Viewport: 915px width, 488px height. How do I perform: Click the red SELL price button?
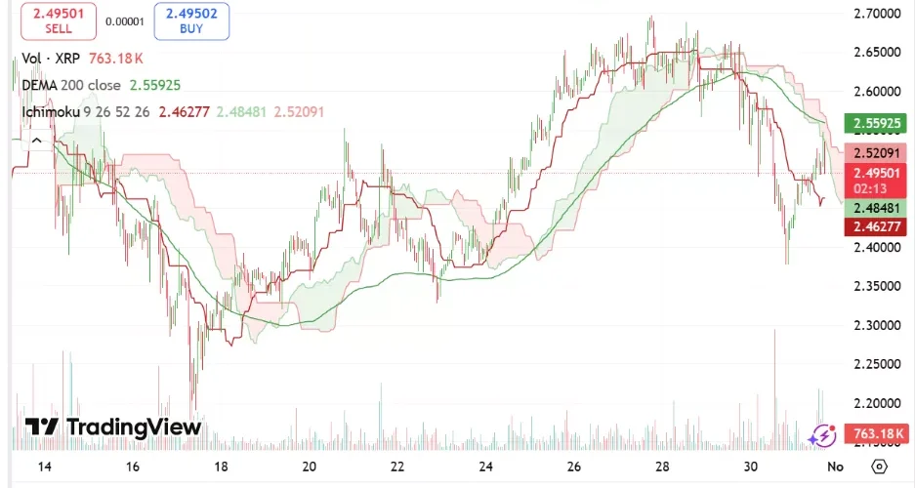click(x=59, y=21)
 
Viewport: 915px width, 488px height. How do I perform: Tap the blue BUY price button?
click(x=190, y=21)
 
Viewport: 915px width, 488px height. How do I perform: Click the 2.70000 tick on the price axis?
click(x=876, y=14)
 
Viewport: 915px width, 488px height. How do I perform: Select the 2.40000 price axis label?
click(x=876, y=247)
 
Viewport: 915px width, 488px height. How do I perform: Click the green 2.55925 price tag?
click(x=876, y=123)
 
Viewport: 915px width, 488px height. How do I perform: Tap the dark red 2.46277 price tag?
click(x=876, y=227)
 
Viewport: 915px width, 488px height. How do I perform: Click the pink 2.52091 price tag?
click(x=876, y=153)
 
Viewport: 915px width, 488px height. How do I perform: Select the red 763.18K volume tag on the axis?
click(x=876, y=433)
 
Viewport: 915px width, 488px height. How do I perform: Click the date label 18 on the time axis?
click(x=222, y=467)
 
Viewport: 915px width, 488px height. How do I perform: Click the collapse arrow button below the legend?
click(x=37, y=141)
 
